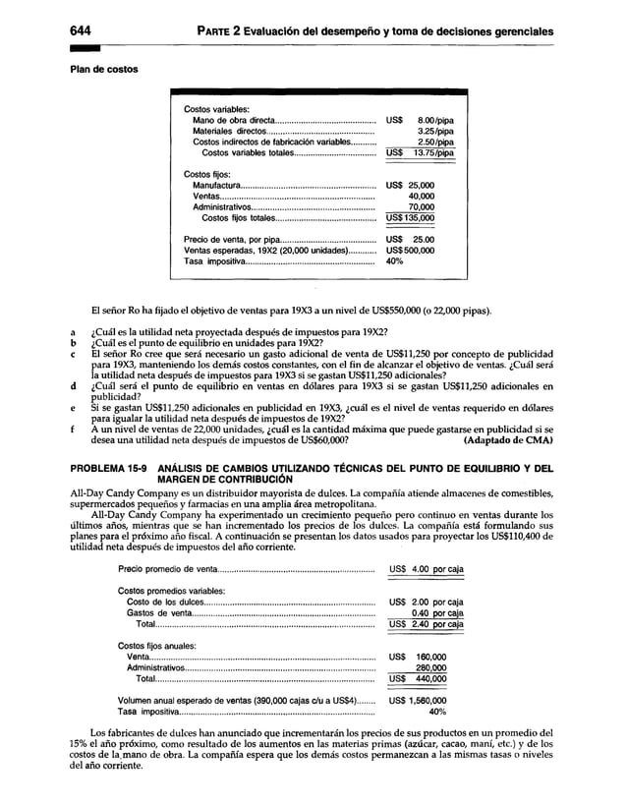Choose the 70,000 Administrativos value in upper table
422,207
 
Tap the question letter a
73,331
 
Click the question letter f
73,429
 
